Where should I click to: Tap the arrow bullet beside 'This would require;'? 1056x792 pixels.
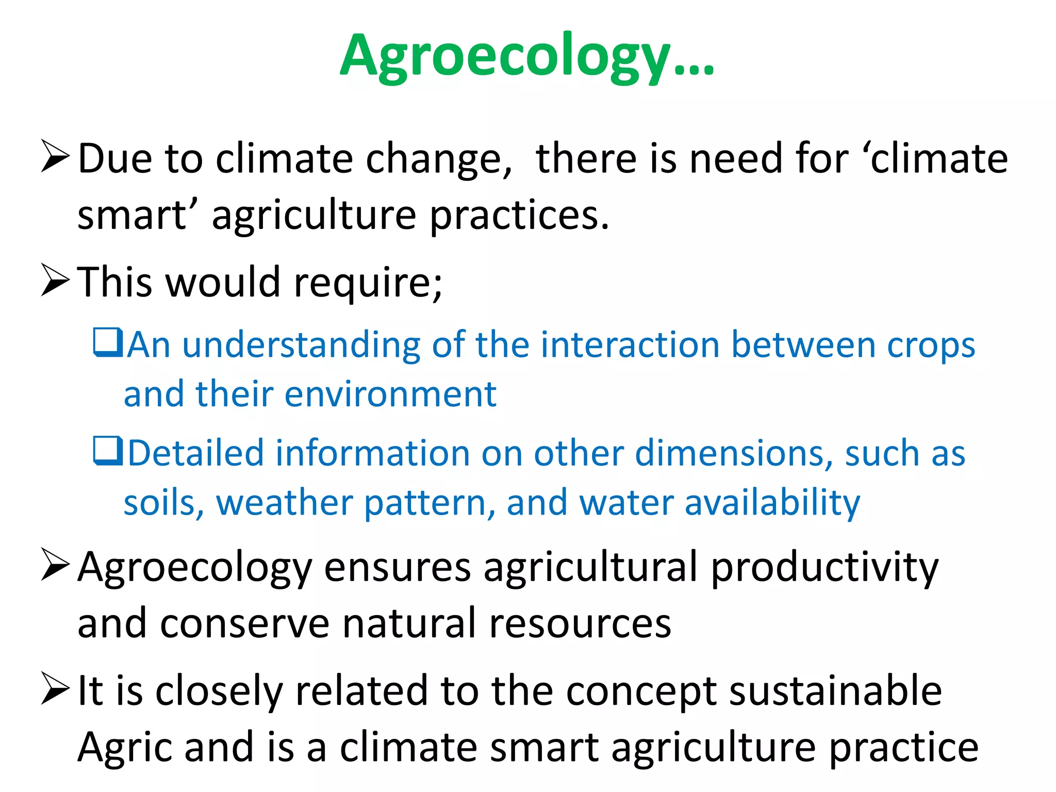[x=55, y=280]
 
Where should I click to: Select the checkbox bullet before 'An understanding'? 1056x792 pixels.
[x=108, y=342]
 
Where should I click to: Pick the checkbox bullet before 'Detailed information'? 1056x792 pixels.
[x=108, y=451]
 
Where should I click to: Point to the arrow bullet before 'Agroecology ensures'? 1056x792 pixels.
[x=55, y=565]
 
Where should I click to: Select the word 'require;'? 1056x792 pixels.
[x=368, y=283]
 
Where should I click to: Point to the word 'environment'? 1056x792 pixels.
[x=390, y=394]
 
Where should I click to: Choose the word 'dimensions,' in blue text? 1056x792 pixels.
[x=734, y=454]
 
